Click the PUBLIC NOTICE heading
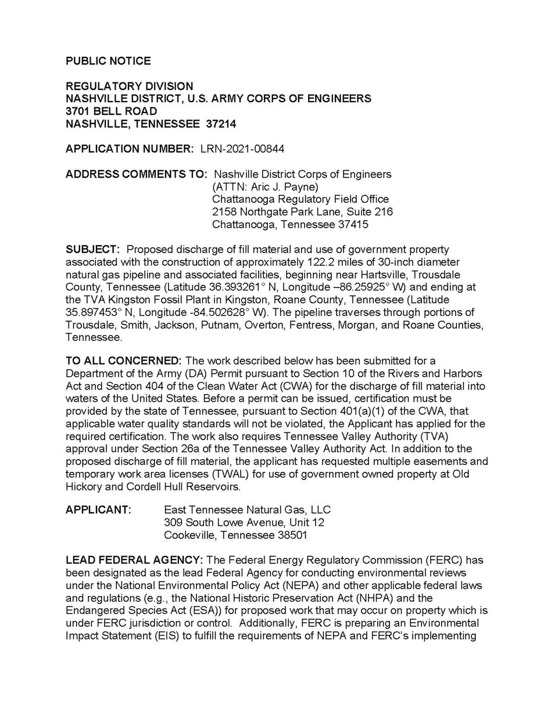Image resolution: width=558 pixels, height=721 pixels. coord(108,61)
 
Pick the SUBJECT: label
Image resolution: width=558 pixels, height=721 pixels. coord(92,249)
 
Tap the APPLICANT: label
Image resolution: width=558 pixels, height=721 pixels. coord(98,510)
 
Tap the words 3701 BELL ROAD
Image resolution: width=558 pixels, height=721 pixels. coord(111,111)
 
